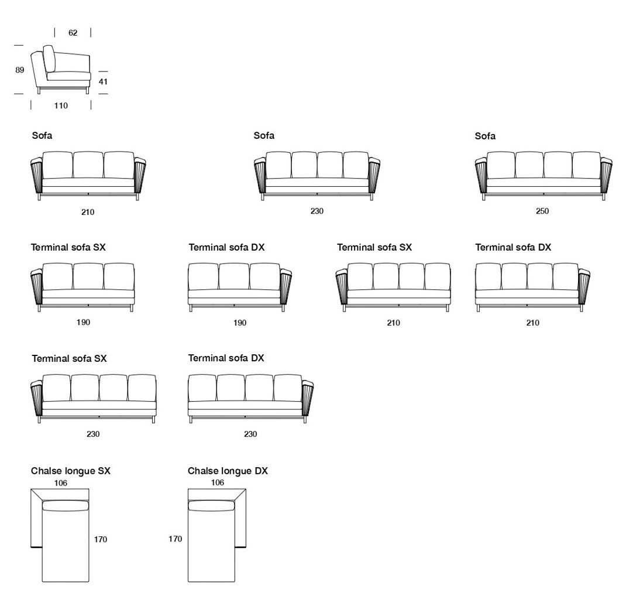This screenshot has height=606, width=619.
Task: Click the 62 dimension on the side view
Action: point(73,33)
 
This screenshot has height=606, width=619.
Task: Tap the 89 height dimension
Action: point(20,70)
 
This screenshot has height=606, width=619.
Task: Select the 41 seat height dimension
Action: point(103,82)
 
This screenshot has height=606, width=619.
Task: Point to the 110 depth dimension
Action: point(61,106)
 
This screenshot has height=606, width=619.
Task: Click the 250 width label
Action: point(542,211)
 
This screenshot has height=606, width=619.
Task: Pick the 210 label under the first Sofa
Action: point(88,212)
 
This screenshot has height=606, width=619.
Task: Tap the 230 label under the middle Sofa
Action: point(317,211)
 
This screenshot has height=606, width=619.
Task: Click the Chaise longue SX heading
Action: point(70,471)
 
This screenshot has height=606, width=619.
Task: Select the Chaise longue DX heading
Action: point(228,471)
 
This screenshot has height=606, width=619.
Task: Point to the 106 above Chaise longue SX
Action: point(61,483)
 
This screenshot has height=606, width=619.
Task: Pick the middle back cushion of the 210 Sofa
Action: point(88,165)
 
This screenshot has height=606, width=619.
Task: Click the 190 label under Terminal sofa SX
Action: point(83,323)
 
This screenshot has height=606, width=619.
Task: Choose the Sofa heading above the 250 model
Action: point(485,136)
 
